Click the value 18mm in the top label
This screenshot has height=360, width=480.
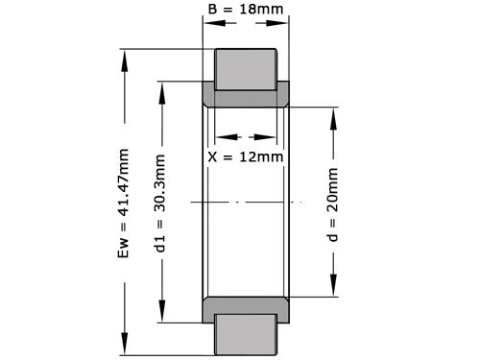tap(260, 11)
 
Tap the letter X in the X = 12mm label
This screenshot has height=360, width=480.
tap(213, 156)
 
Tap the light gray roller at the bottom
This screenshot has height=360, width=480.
tap(245, 335)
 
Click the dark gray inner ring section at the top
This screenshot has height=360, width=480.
tap(245, 98)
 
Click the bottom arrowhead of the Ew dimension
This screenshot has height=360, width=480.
tap(124, 351)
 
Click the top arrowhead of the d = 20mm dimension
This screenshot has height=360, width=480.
tap(333, 112)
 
